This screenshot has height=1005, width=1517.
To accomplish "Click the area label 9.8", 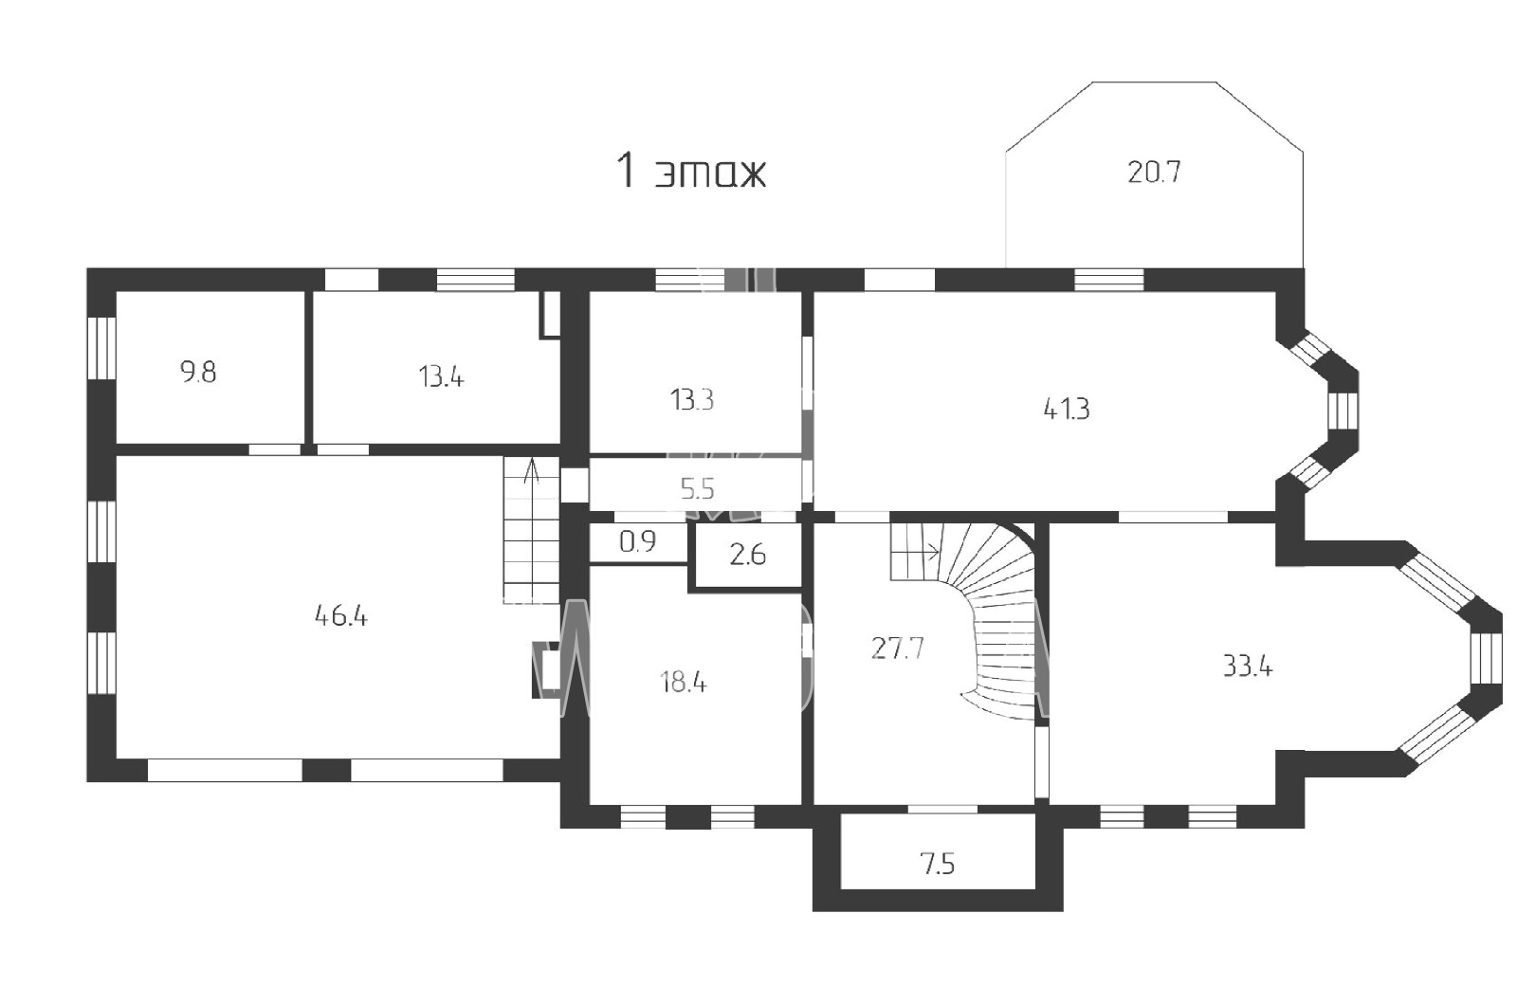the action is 198,373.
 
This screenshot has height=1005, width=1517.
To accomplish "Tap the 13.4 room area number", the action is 441,376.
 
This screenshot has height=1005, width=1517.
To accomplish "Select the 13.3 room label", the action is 692,400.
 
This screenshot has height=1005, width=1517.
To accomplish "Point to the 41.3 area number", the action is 1067,409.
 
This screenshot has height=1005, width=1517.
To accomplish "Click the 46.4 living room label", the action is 340,616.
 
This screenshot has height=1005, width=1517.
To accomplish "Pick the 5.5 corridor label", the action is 697,489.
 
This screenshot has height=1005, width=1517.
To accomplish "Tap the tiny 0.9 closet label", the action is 637,541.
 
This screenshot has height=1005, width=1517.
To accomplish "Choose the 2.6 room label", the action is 748,556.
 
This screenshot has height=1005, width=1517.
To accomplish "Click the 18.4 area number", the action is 684,683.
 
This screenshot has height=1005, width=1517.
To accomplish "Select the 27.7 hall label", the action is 897,649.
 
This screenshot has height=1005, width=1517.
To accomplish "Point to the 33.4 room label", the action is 1248,667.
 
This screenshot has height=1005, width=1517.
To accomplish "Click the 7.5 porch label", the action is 938,865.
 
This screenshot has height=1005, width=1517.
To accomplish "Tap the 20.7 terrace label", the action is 1154,172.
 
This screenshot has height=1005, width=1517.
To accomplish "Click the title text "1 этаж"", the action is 691,172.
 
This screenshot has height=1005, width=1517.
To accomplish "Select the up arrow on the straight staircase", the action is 532,470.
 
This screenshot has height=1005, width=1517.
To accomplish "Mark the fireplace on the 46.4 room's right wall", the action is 546,669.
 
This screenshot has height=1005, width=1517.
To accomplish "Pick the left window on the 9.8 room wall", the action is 101,348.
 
